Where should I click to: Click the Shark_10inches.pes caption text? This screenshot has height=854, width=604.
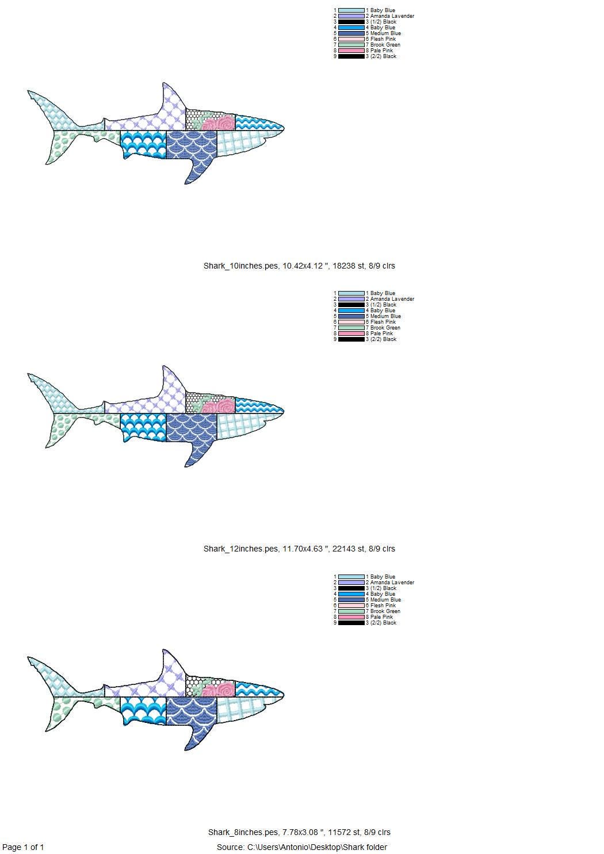coord(299,266)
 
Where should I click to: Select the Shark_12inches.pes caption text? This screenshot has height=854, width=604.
coord(299,549)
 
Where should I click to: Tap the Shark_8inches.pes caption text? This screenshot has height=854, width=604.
coord(299,832)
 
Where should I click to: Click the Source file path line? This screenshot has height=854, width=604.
coord(302,847)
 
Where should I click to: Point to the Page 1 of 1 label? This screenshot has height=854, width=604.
coord(23,847)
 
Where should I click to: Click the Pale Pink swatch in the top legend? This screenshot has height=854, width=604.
coord(351,51)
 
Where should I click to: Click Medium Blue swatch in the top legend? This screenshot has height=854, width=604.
coord(351,33)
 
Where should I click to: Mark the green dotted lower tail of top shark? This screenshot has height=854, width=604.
coord(60,144)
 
